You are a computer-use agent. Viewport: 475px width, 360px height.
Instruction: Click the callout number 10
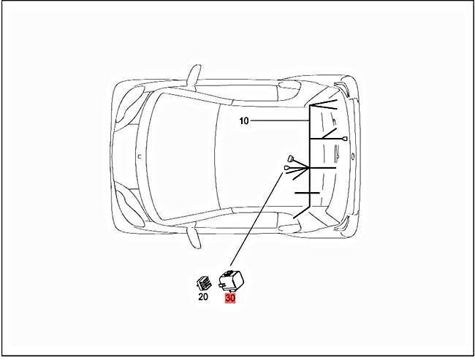(244, 121)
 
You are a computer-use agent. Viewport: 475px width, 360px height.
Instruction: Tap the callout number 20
(203, 296)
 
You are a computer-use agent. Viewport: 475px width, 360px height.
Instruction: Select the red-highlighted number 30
(230, 297)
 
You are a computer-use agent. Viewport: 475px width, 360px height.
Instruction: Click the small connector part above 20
(203, 282)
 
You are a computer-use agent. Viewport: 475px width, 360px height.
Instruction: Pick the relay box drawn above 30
(234, 278)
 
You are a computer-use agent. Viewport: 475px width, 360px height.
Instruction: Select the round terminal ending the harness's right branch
(343, 138)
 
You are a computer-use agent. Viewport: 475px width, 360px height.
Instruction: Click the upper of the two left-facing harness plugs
(290, 158)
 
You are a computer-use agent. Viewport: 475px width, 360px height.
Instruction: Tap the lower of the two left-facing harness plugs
(287, 169)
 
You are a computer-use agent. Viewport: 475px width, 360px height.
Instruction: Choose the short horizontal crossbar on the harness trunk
(307, 194)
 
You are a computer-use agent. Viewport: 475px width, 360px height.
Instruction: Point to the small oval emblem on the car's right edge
(353, 156)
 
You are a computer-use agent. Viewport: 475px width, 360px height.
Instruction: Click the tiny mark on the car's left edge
(140, 155)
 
